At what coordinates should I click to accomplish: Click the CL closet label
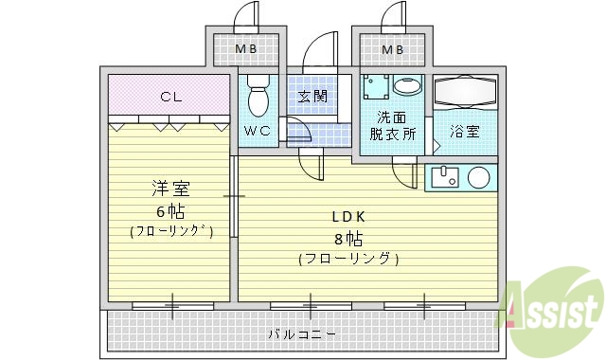(x=170, y=96)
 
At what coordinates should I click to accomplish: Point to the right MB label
(x=393, y=49)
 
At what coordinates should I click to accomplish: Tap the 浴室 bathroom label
(x=464, y=132)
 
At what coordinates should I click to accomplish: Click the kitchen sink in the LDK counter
(x=443, y=176)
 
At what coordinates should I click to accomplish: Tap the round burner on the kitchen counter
(x=479, y=176)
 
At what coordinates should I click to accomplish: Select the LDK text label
(x=348, y=216)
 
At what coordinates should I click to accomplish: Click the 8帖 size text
(x=348, y=237)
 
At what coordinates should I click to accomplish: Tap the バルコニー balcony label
(x=301, y=333)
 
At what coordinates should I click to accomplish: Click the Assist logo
(x=554, y=306)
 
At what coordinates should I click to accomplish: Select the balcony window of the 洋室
(x=172, y=305)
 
